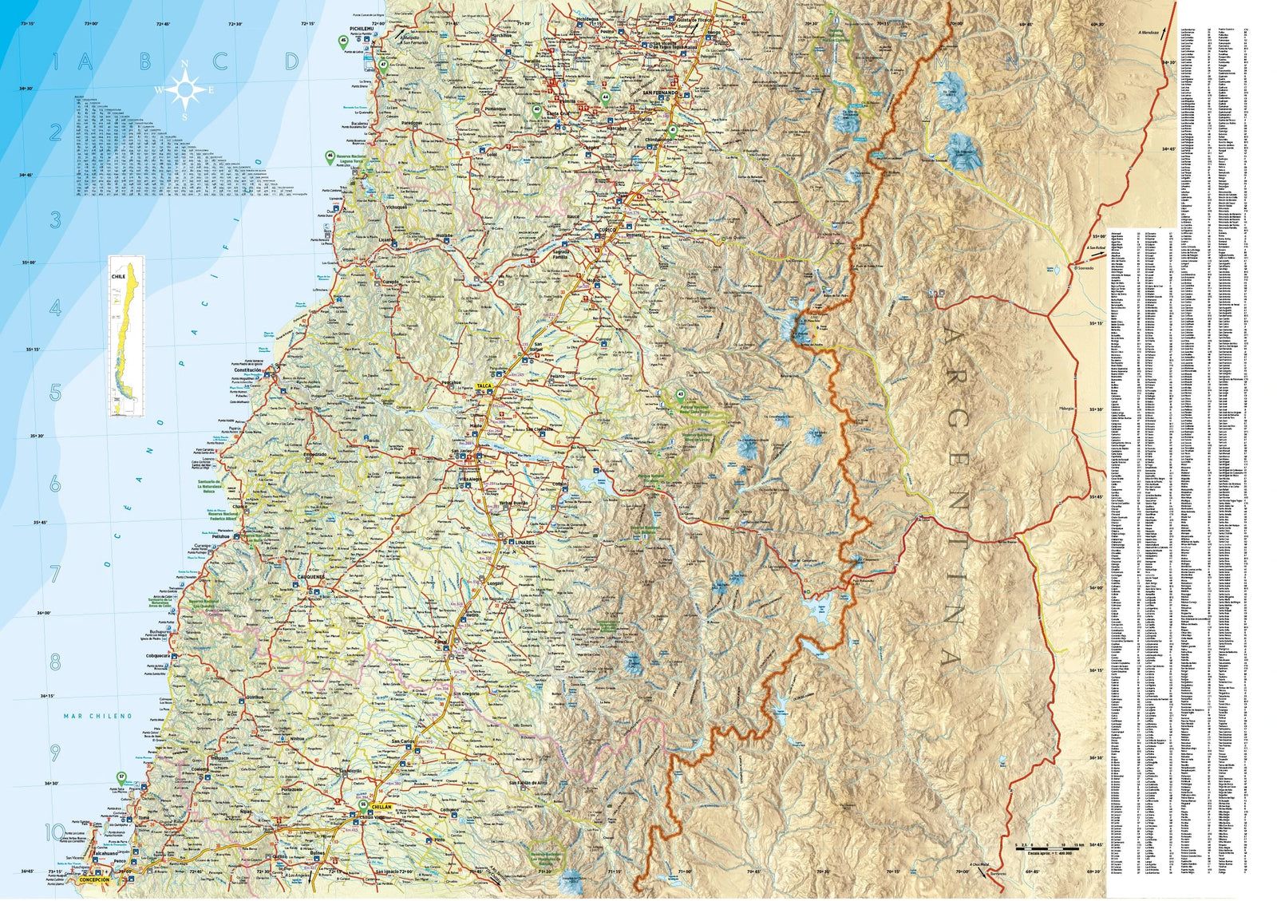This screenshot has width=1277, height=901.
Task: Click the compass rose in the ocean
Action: coord(185,89)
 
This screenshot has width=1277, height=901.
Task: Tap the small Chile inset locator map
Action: coord(127,336)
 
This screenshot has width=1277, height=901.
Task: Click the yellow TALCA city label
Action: coord(484,386)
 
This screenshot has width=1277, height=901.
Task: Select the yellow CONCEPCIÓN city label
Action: coord(94,879)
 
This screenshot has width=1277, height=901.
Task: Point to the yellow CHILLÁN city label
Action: coord(382,808)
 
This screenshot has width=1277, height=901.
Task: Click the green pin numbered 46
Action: coord(330,157)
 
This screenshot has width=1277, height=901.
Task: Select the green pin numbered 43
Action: coord(681,395)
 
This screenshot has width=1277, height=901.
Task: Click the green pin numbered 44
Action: coord(607,98)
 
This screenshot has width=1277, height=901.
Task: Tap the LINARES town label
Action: coord(524,542)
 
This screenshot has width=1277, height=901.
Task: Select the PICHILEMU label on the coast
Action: coord(362,28)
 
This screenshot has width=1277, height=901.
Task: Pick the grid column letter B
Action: coord(145,61)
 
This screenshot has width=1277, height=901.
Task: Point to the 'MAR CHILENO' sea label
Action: coord(97,717)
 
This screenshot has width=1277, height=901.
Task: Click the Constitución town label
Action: coord(247,370)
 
